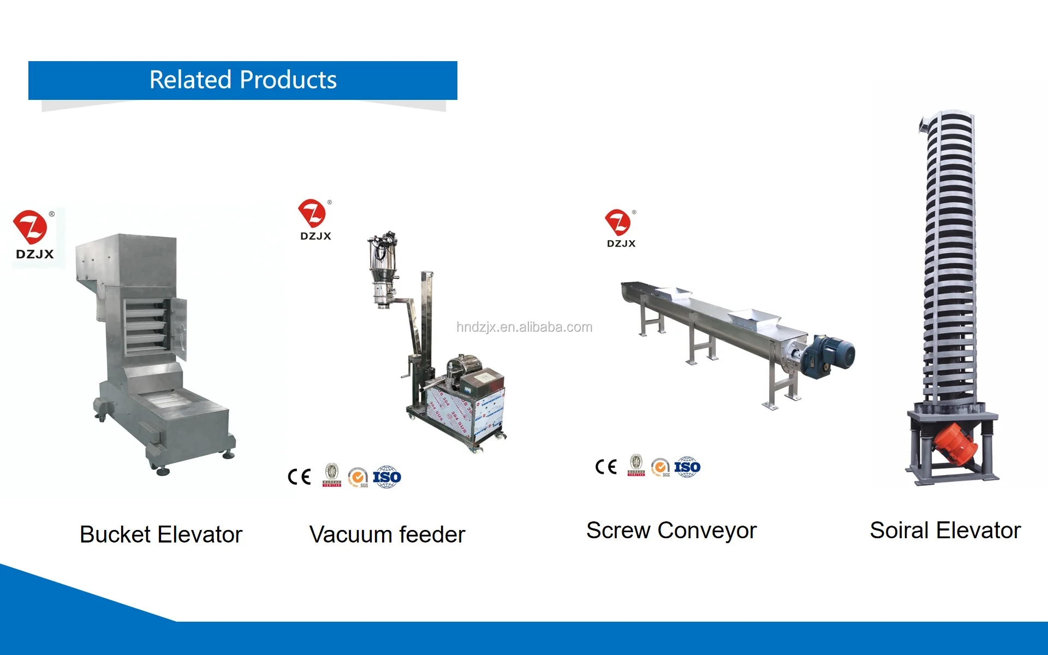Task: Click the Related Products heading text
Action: pos(243,80)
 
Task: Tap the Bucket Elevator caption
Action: pos(161,534)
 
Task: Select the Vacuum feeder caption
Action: pos(387,535)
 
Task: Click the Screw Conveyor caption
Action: pos(671,531)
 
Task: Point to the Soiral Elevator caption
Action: pos(945,531)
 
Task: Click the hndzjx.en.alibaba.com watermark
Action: pos(524,327)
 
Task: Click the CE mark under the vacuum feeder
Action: pos(299,477)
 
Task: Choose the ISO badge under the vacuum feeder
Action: pos(387,477)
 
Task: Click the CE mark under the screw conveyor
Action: pos(606,467)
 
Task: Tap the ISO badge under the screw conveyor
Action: pos(687,467)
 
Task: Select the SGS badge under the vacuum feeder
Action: pos(358,478)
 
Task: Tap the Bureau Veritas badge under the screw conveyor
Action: pos(636,466)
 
